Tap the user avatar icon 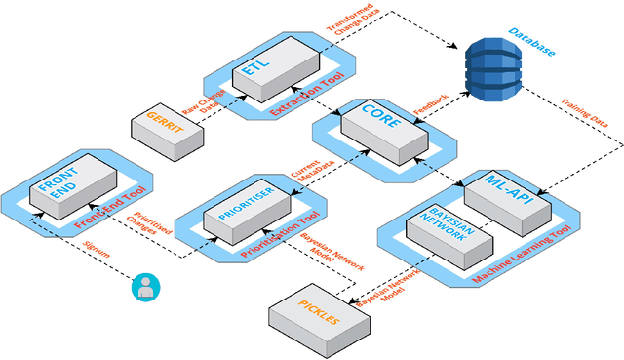click(x=146, y=287)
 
